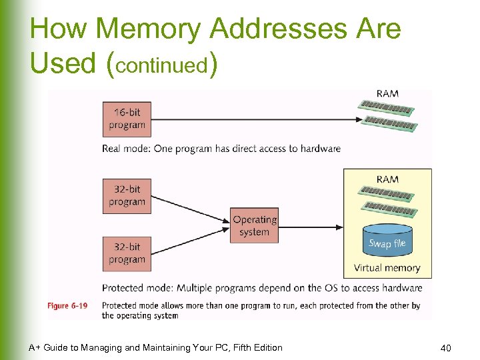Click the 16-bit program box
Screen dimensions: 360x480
[x=127, y=119]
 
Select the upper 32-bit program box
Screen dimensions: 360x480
[x=127, y=196]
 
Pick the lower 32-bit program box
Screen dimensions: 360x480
[x=127, y=253]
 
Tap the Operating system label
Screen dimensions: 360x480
[x=254, y=226]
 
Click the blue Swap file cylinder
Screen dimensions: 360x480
[x=387, y=242]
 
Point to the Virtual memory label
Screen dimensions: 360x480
[x=387, y=268]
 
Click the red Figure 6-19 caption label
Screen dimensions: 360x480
[x=67, y=306]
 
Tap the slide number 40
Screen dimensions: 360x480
[x=446, y=347]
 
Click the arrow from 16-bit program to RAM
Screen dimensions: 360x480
[x=253, y=119]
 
